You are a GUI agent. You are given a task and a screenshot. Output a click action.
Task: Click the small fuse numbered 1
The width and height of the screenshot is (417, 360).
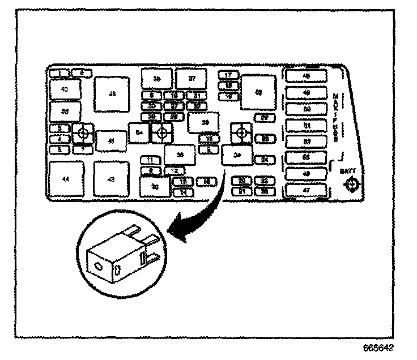coord(58,73)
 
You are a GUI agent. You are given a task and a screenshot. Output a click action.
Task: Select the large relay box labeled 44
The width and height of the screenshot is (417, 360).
coord(66,179)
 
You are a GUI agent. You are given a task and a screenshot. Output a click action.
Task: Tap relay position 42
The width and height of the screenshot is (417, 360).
coord(111,179)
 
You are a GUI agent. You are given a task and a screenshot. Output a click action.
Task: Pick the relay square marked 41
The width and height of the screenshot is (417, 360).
coord(111,140)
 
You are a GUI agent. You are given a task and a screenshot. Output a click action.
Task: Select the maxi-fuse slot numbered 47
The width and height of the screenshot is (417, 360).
coord(307,190)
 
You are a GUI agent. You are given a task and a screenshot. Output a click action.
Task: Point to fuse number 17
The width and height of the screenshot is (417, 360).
coord(228,75)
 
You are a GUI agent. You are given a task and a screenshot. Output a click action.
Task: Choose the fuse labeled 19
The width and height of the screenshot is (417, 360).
coord(228,97)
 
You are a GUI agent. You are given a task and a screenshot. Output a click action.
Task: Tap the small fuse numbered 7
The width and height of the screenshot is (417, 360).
coord(83,149)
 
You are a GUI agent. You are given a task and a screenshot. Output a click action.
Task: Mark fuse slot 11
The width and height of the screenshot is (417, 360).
coord(150,160)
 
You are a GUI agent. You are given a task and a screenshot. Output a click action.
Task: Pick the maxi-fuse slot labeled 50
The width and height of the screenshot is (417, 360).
coord(307,109)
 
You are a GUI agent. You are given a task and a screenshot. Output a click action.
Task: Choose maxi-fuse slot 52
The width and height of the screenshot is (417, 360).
coord(307,142)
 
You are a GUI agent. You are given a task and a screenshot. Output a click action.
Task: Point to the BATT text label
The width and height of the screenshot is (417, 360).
coord(347,170)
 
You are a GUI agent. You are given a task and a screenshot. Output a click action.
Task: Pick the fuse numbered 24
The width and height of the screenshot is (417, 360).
coord(264,160)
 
